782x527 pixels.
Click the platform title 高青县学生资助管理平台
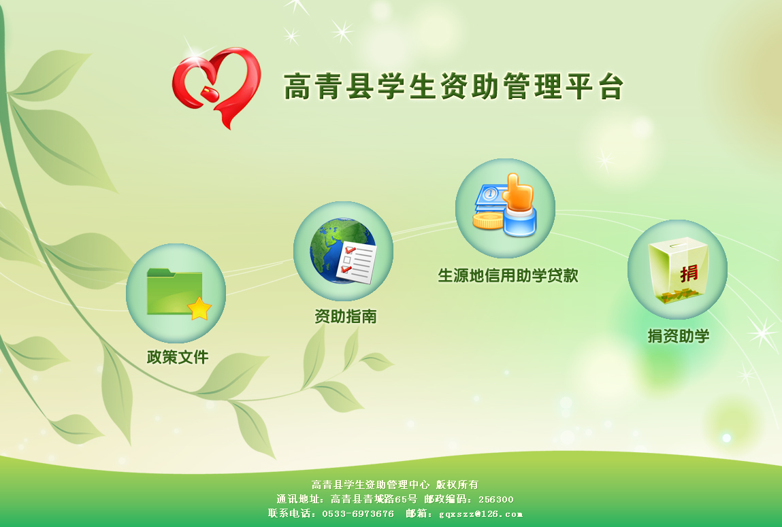[x=454, y=86]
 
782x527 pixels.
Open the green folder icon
[x=174, y=292]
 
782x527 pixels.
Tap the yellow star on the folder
[x=199, y=308]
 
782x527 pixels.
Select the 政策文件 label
[x=178, y=356]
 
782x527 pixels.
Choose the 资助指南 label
[x=346, y=316]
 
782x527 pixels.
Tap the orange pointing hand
[x=519, y=192]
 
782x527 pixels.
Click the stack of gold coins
[x=487, y=221]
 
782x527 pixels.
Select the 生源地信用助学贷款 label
[x=508, y=275]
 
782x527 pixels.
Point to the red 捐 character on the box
[x=689, y=273]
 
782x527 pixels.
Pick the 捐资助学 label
[x=679, y=336]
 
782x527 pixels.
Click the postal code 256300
[x=495, y=499]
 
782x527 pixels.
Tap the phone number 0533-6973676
[x=357, y=513]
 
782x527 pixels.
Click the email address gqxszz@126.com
[x=480, y=514]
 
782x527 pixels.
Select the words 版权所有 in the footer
[x=457, y=485]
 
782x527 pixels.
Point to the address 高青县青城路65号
[x=374, y=499]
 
